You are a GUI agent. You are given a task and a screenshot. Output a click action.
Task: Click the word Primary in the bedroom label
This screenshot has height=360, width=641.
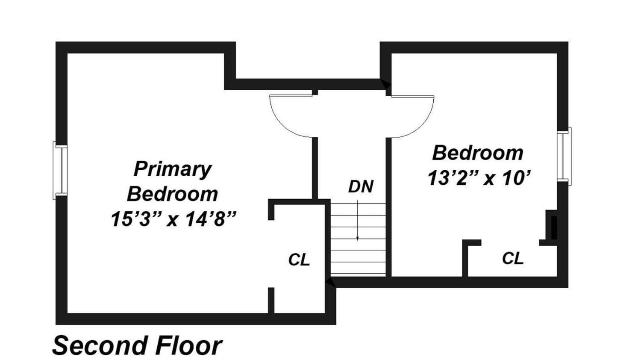173,169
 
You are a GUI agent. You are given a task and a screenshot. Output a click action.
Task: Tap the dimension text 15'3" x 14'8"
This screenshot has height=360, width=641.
174,219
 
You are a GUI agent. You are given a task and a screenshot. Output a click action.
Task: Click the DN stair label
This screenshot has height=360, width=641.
361,186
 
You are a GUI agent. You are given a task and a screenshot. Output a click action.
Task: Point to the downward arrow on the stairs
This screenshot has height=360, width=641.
357,221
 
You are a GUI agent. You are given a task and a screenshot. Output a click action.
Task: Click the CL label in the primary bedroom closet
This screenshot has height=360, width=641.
299,260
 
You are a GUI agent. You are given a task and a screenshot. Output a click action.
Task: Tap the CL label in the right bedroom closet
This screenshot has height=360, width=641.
513,258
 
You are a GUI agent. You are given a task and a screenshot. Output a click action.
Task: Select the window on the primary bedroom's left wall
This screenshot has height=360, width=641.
60,171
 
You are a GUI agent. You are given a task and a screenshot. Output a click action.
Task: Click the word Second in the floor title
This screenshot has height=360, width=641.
98,346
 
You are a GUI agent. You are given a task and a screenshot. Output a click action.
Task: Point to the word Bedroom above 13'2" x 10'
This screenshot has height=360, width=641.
478,153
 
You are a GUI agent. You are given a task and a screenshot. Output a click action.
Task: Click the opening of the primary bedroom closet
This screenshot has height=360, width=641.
271,254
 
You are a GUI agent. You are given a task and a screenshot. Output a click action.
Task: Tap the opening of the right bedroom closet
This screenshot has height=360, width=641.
510,243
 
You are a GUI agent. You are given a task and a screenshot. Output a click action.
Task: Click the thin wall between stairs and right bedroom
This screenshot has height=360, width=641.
388,207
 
